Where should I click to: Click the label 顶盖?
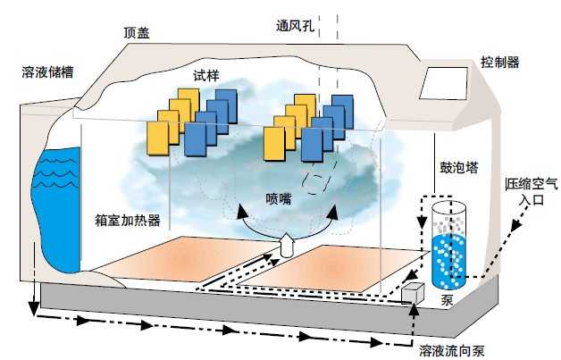tap(137, 32)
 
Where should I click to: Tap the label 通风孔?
tap(294, 24)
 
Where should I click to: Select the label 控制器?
tap(499, 62)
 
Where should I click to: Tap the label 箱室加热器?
tap(128, 219)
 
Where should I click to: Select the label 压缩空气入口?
tap(531, 192)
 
